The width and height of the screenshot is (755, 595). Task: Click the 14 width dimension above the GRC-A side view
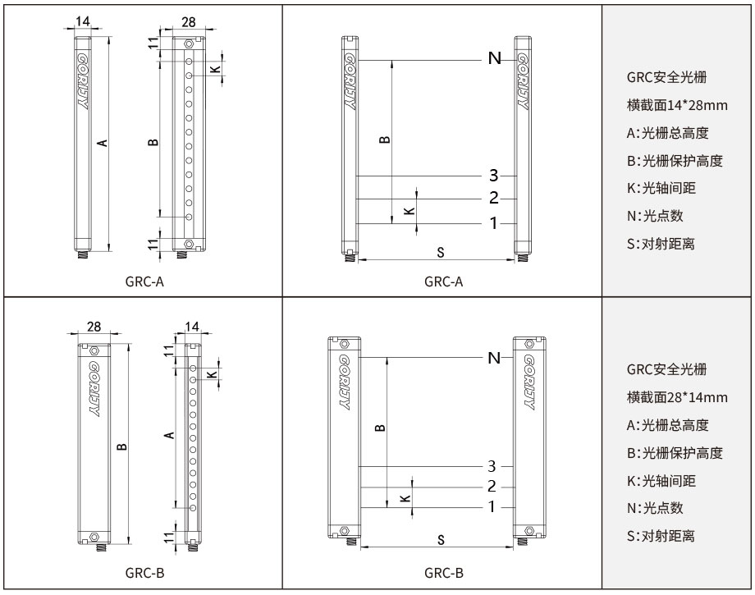coord(83,20)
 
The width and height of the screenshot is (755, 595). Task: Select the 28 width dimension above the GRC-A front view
coord(188,20)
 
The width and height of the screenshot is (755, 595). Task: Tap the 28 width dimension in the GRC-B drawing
coord(94,326)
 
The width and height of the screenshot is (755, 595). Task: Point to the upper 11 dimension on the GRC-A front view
coord(153,44)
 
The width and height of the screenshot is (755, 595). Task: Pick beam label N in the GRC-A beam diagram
coord(494,58)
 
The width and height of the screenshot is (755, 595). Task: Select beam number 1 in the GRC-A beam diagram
coord(493,223)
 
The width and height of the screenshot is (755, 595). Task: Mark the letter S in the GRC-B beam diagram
coord(441,539)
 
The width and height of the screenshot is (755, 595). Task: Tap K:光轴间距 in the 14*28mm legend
coord(661,188)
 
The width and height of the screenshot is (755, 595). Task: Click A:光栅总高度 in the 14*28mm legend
coord(667,133)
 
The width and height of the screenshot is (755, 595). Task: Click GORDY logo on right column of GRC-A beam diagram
coord(524,81)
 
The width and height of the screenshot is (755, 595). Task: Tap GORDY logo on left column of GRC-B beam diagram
coord(341,382)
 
